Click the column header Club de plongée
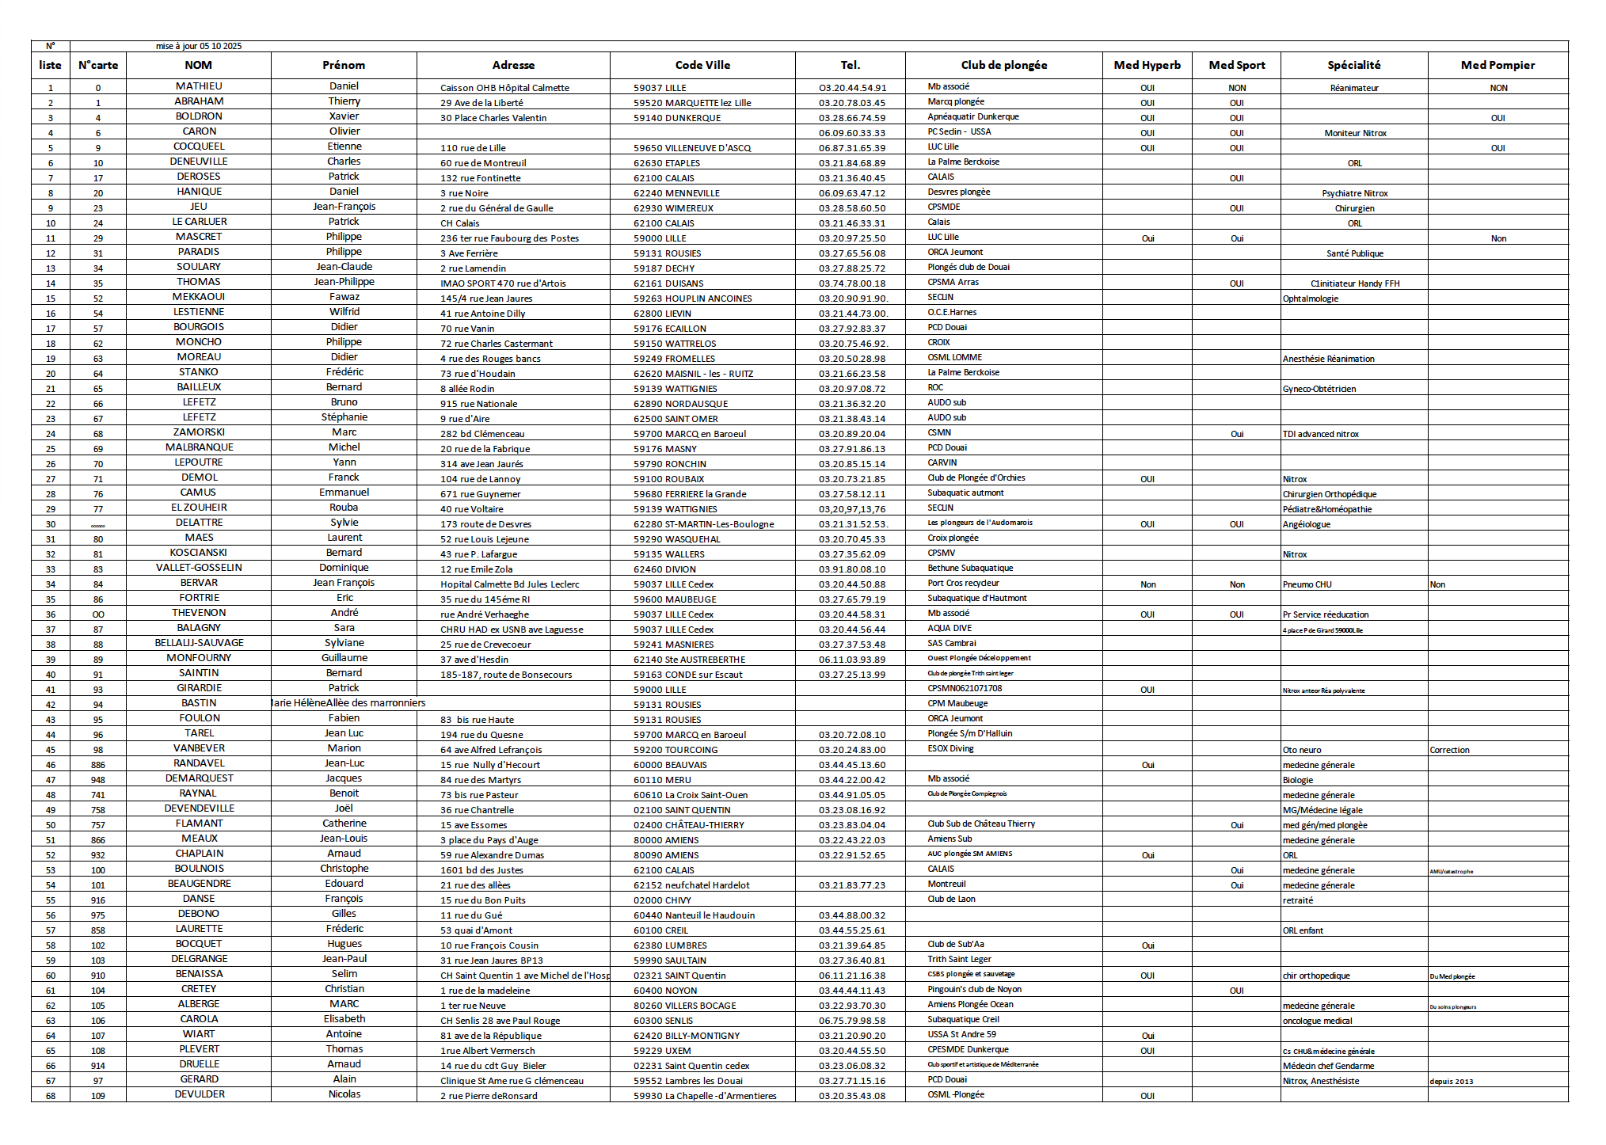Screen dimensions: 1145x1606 pos(1003,65)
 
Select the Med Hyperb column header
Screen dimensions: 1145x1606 pos(1147,65)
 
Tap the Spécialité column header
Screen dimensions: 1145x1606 pos(1353,65)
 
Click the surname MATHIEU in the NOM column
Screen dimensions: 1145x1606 pos(199,86)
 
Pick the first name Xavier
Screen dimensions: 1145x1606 pos(344,116)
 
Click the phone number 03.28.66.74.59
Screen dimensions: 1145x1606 pos(852,118)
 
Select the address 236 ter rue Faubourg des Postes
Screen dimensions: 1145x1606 pos(509,238)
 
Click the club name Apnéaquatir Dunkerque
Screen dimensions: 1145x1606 pos(973,116)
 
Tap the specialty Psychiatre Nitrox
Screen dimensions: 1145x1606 pos(1354,193)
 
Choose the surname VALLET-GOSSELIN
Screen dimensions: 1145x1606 pos(199,568)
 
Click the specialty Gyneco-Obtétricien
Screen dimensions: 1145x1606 pos(1319,389)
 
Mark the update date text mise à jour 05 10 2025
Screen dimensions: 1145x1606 pos(199,46)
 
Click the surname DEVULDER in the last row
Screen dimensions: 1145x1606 pos(200,1094)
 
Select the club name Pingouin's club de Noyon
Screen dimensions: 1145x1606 pos(974,989)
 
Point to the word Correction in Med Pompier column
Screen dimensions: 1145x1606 pos(1449,750)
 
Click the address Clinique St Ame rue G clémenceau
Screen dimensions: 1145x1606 pos(512,1081)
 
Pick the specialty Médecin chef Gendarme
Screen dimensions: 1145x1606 pos(1328,1066)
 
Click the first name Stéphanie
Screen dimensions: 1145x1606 pos(344,417)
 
